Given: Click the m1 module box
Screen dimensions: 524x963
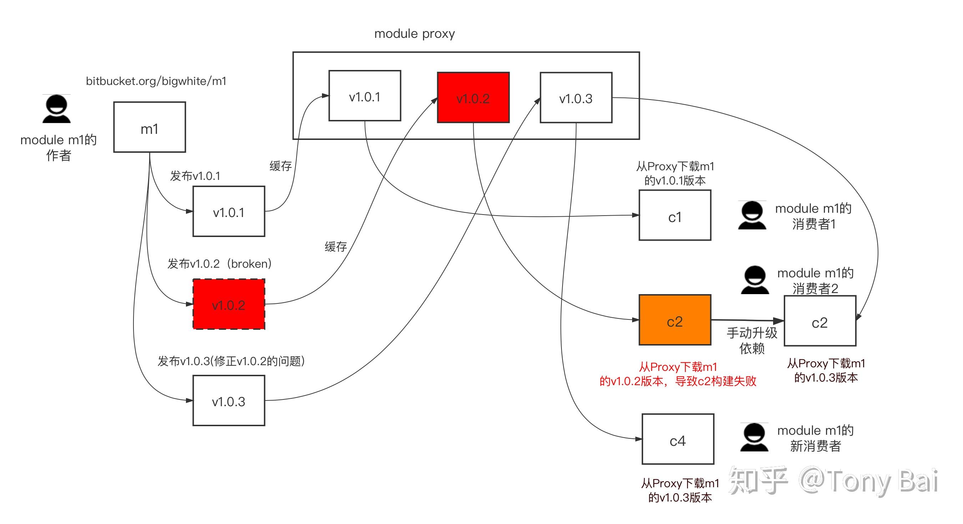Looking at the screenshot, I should pos(150,127).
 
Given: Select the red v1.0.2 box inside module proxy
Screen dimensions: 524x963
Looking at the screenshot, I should pos(473,97).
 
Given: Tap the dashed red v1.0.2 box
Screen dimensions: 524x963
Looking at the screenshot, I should pos(229,304).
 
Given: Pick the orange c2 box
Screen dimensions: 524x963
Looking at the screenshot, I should pos(675,320).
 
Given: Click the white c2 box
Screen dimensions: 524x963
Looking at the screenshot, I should pos(820,321).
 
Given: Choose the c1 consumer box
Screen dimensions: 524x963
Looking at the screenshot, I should pos(675,215).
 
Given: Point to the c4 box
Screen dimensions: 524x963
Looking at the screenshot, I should pos(678,439).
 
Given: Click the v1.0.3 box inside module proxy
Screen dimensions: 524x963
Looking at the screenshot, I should pos(576,97).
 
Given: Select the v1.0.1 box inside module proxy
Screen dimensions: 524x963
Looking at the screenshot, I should pos(365,96).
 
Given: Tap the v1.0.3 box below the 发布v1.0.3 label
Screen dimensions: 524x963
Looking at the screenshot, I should pos(229,400).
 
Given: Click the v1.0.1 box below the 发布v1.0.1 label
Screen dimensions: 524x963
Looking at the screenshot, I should pos(229,212).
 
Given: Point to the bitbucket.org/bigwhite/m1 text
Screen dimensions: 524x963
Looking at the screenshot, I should pos(156,81).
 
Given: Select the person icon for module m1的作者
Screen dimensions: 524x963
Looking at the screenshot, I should pos(56,109).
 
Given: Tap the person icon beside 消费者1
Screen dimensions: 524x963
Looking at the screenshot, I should pos(752,215).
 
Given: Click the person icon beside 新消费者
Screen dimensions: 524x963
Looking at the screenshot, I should pos(755,437).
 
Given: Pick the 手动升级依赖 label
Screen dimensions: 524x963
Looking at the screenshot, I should pos(752,341).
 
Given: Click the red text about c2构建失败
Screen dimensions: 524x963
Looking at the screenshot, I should pos(678,374).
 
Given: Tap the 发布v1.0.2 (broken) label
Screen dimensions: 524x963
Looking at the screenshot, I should pos(220,264).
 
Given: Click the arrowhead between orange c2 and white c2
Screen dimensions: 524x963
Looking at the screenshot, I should pos(779,321).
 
